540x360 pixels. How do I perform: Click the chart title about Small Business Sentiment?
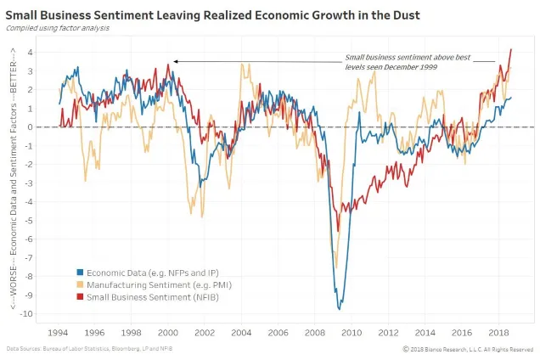(x=212, y=14)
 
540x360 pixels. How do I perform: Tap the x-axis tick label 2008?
(x=314, y=332)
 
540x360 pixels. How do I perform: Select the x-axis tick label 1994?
(x=58, y=332)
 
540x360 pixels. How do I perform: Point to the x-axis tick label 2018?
(x=498, y=332)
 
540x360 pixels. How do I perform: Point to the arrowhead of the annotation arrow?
(x=175, y=61)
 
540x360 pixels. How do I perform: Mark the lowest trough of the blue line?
(x=341, y=308)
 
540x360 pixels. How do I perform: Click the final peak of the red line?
(x=511, y=49)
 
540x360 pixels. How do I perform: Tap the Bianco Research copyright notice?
(x=468, y=349)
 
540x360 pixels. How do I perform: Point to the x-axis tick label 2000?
(x=168, y=332)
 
